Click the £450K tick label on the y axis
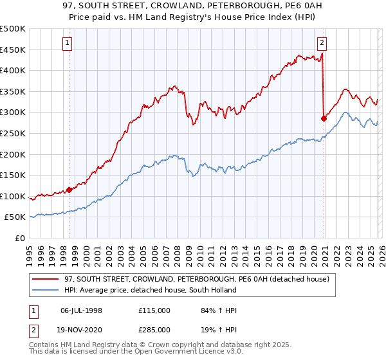[x=13, y=50]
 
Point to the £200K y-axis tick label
[x=13, y=154]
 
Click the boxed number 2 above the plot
[x=322, y=44]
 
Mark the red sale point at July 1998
[x=69, y=190]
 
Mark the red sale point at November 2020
[x=324, y=118]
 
